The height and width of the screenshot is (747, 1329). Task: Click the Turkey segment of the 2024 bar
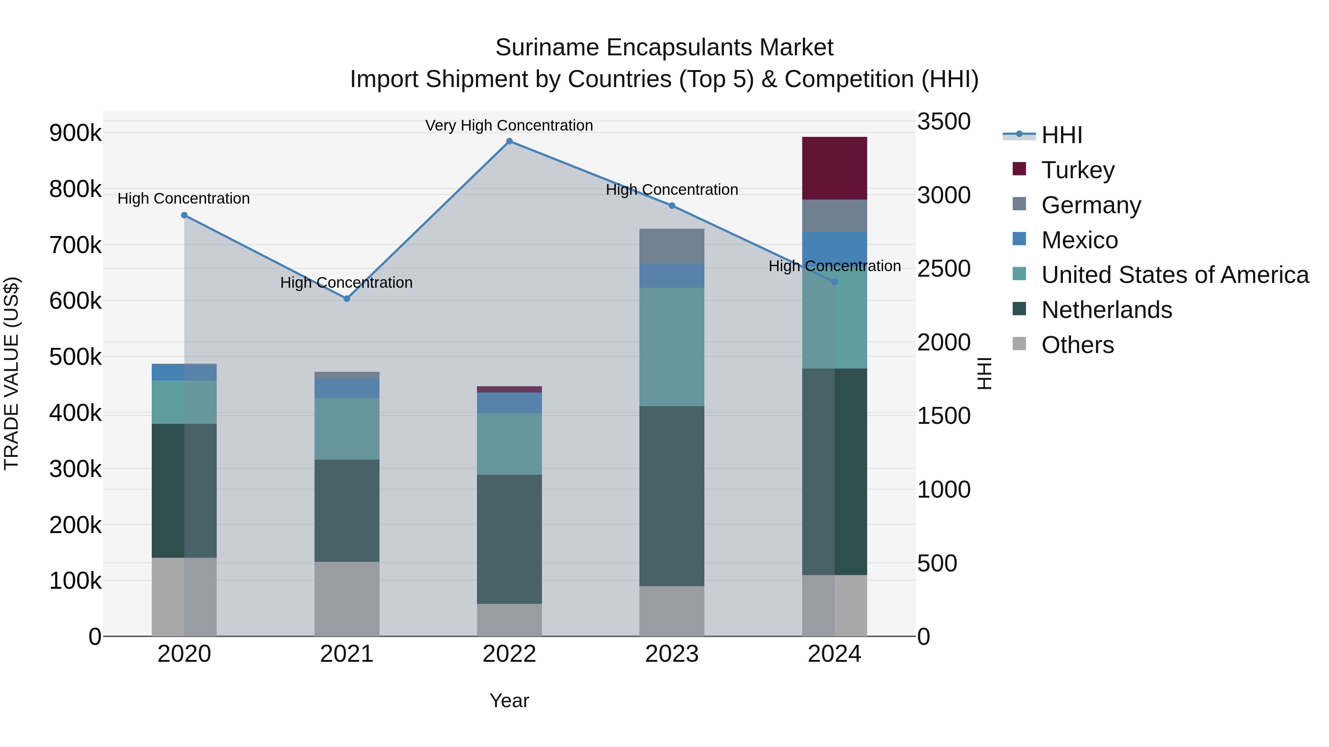834,168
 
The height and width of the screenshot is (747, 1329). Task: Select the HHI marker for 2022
509,141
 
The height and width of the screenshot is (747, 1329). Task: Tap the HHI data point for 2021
347,298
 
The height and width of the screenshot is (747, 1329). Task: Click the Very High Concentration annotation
509,125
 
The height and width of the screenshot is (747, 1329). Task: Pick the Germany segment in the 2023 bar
672,246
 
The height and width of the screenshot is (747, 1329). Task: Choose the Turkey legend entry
1078,170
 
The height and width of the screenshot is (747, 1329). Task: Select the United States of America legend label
1175,275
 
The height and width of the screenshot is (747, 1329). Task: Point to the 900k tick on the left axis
75,133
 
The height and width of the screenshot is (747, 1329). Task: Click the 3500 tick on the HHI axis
944,122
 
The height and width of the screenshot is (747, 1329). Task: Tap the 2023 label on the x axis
672,654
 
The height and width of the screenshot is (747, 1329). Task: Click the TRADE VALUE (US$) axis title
12,373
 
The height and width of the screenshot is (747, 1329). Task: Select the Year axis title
509,701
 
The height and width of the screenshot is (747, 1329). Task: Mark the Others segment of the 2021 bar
347,599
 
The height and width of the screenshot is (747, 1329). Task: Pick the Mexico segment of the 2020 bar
184,372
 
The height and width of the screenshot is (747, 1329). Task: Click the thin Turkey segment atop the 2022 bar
509,389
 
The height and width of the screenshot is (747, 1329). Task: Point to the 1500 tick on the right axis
944,416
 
